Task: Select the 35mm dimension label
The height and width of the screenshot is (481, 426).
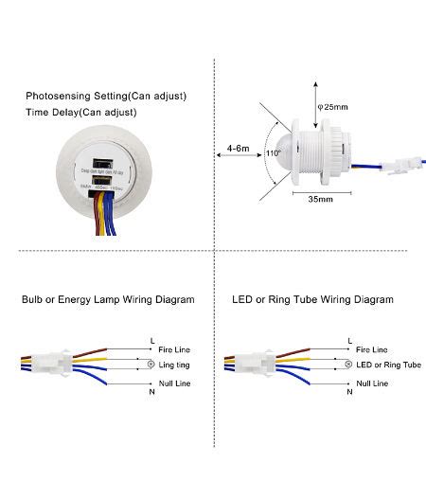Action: [319, 200]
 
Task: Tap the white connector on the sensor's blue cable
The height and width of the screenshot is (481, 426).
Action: [399, 171]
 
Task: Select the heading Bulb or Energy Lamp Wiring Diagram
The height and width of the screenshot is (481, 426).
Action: [108, 299]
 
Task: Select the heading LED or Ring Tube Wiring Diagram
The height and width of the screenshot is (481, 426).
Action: [312, 299]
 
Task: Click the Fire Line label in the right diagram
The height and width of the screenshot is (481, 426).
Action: [372, 350]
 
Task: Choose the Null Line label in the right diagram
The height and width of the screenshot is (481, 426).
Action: [373, 383]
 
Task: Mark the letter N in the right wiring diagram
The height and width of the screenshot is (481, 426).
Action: [348, 393]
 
